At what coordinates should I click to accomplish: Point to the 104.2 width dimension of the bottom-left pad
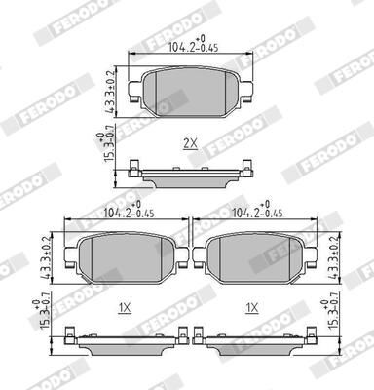point(126,208)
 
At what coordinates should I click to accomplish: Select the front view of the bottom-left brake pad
point(125,257)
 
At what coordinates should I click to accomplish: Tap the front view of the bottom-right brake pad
point(252,257)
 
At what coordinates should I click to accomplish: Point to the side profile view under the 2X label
point(191,173)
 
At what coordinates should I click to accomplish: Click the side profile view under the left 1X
point(125,338)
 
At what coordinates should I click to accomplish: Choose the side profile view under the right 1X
point(252,338)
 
